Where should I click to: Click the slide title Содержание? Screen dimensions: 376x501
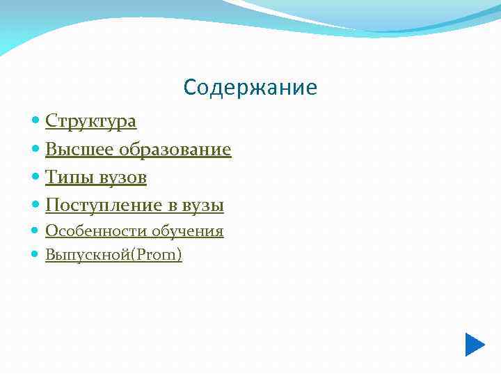coord(250,88)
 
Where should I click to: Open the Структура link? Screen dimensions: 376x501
coord(90,122)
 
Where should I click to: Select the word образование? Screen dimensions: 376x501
coord(175,150)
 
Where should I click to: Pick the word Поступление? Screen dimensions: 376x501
coord(104,206)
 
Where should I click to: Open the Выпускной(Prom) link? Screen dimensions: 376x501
coord(113,256)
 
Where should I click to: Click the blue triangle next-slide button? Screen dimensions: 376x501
coord(475,345)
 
